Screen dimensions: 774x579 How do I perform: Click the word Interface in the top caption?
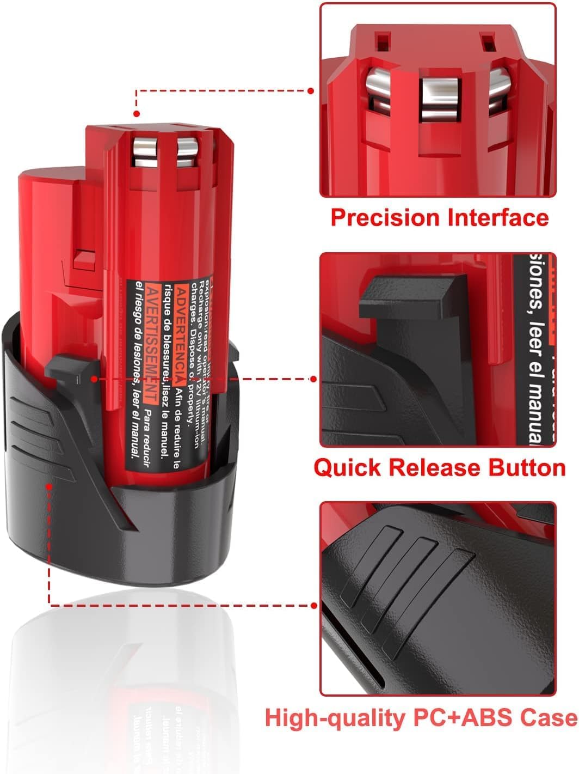498,217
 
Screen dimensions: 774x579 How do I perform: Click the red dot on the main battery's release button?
95,378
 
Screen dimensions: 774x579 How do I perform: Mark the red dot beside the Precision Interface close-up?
312,91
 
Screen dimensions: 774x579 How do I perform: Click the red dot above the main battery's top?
136,114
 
